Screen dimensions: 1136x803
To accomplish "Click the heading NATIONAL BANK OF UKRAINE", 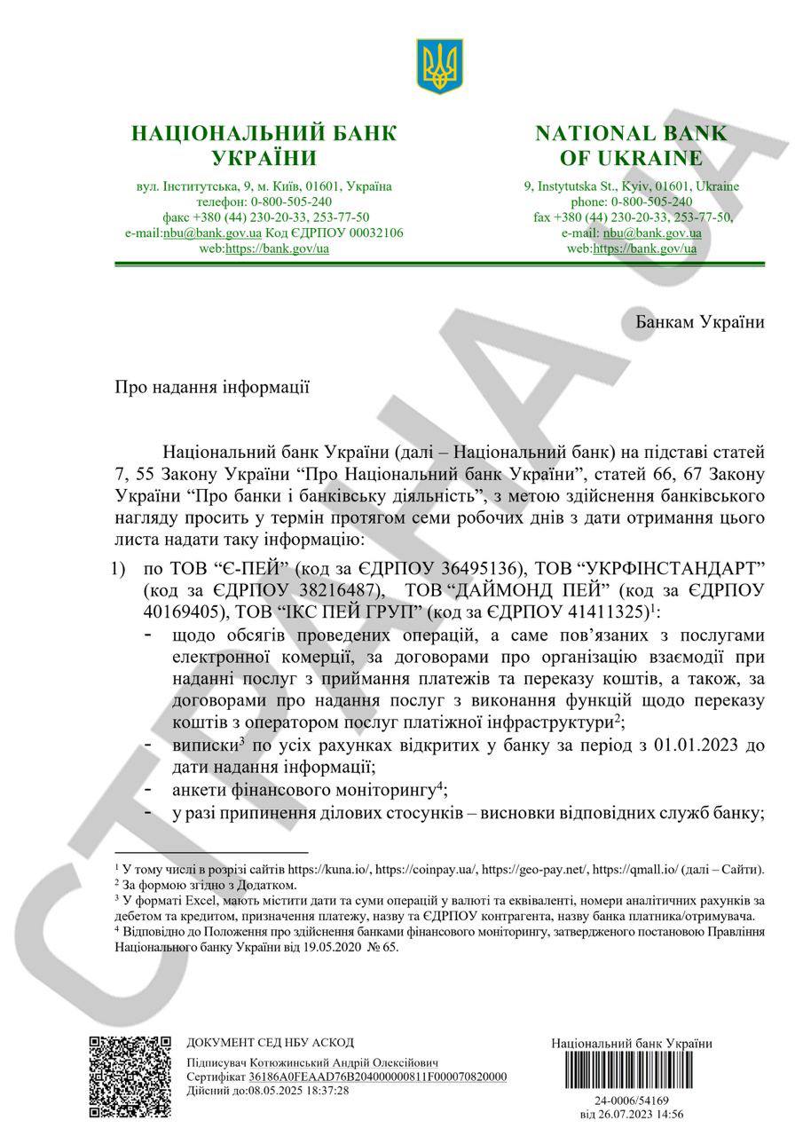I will [x=631, y=146].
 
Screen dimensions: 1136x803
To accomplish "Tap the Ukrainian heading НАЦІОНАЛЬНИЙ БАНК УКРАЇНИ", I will [x=264, y=146].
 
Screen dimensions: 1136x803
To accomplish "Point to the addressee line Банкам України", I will [x=700, y=321].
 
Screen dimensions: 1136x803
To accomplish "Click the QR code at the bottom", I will [x=130, y=1076].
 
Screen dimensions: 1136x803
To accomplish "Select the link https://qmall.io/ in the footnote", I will [x=653, y=870].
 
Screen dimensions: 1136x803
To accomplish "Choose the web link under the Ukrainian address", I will [x=277, y=248].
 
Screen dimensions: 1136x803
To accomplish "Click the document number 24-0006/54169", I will [x=631, y=1100].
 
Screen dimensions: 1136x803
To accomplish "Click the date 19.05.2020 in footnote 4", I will [x=327, y=947].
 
